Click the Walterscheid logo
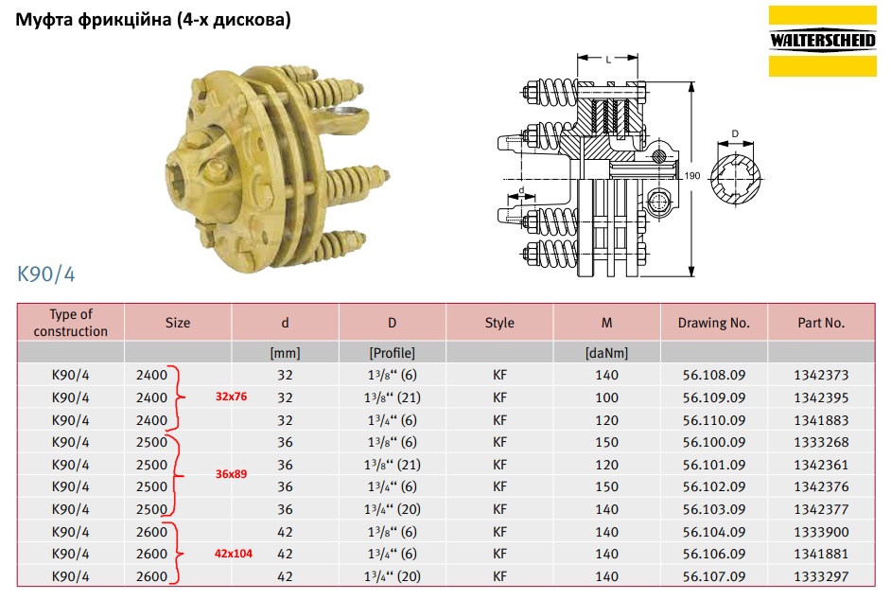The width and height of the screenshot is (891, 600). (x=822, y=41)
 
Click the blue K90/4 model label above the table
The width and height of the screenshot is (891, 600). (x=46, y=274)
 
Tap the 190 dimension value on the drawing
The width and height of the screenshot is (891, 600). (x=692, y=176)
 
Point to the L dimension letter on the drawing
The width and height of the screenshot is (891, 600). (x=608, y=59)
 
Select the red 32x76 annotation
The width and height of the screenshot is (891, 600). (x=232, y=397)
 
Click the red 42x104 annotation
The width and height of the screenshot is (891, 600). (x=233, y=554)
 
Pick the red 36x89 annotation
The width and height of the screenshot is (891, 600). (x=232, y=474)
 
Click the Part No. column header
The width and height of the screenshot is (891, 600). (x=821, y=323)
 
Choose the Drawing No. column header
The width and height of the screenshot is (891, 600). (x=714, y=323)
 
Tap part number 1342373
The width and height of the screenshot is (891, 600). (x=821, y=375)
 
